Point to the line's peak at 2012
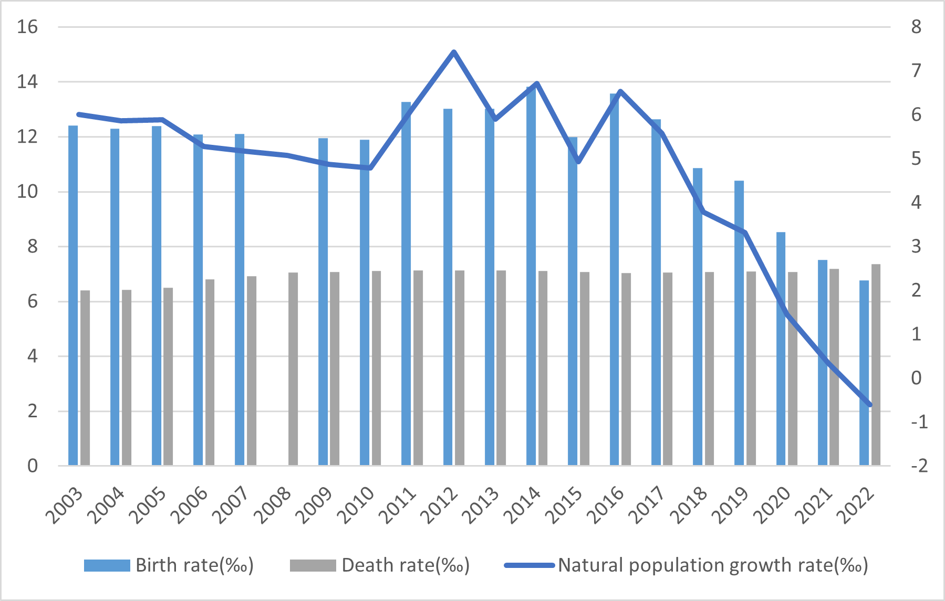[454, 51]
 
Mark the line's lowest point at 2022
[870, 405]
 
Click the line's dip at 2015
[578, 162]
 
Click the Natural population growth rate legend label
[712, 565]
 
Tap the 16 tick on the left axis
[27, 27]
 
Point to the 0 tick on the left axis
[33, 466]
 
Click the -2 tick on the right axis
[919, 466]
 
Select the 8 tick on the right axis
[916, 27]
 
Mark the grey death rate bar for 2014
[543, 368]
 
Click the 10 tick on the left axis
[27, 192]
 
